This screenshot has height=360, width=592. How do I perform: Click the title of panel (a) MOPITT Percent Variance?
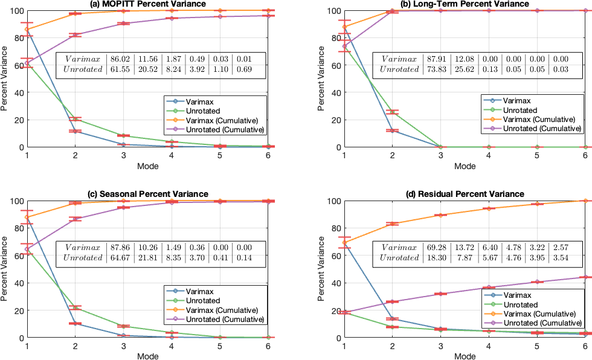[148, 4]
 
